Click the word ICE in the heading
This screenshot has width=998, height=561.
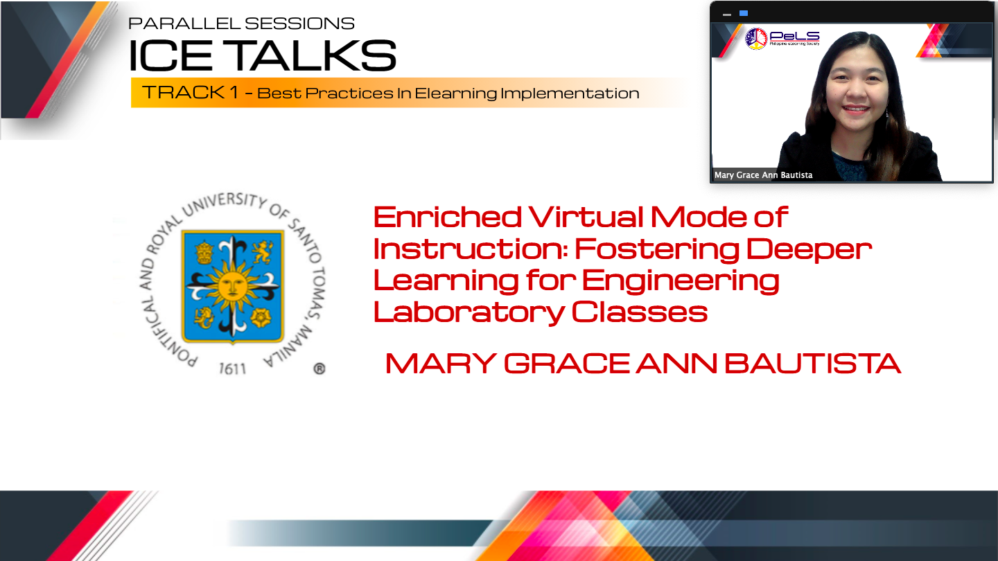coord(170,55)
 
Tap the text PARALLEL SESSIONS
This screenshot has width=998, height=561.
coord(241,24)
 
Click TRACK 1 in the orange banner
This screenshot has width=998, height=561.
coord(190,92)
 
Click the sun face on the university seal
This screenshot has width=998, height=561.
coord(231,285)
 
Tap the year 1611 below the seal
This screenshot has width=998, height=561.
coord(232,368)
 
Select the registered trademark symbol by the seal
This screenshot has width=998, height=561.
coord(319,368)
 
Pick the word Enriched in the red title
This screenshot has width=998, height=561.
coord(447,217)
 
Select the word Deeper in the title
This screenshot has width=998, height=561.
coord(809,250)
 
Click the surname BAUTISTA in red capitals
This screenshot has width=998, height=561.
coord(813,364)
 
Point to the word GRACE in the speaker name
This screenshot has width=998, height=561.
coord(567,364)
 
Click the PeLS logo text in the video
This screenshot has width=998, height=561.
coord(794,37)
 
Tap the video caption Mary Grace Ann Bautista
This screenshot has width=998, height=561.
coord(763,175)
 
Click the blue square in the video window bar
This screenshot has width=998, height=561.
coord(744,13)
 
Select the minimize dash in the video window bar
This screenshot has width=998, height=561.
coord(726,15)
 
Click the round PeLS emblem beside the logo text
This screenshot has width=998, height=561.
coord(756,38)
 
